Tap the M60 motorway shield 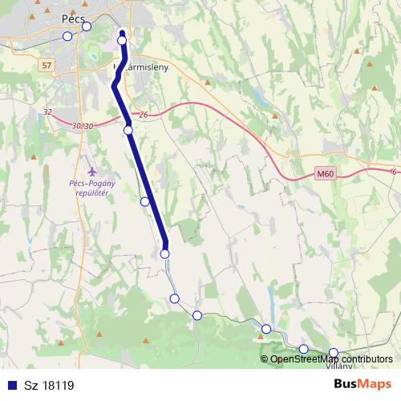click(x=324, y=174)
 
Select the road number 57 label click(x=47, y=65)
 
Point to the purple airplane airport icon click(x=91, y=171)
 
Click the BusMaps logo click(x=363, y=384)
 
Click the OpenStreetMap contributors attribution click(x=331, y=358)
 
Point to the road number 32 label click(x=47, y=112)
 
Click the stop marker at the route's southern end click(x=165, y=253)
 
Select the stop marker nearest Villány click(x=334, y=352)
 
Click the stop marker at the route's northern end click(x=122, y=40)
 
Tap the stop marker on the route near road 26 click(x=128, y=129)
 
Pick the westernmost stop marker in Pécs click(x=67, y=36)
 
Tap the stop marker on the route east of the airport click(x=145, y=201)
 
